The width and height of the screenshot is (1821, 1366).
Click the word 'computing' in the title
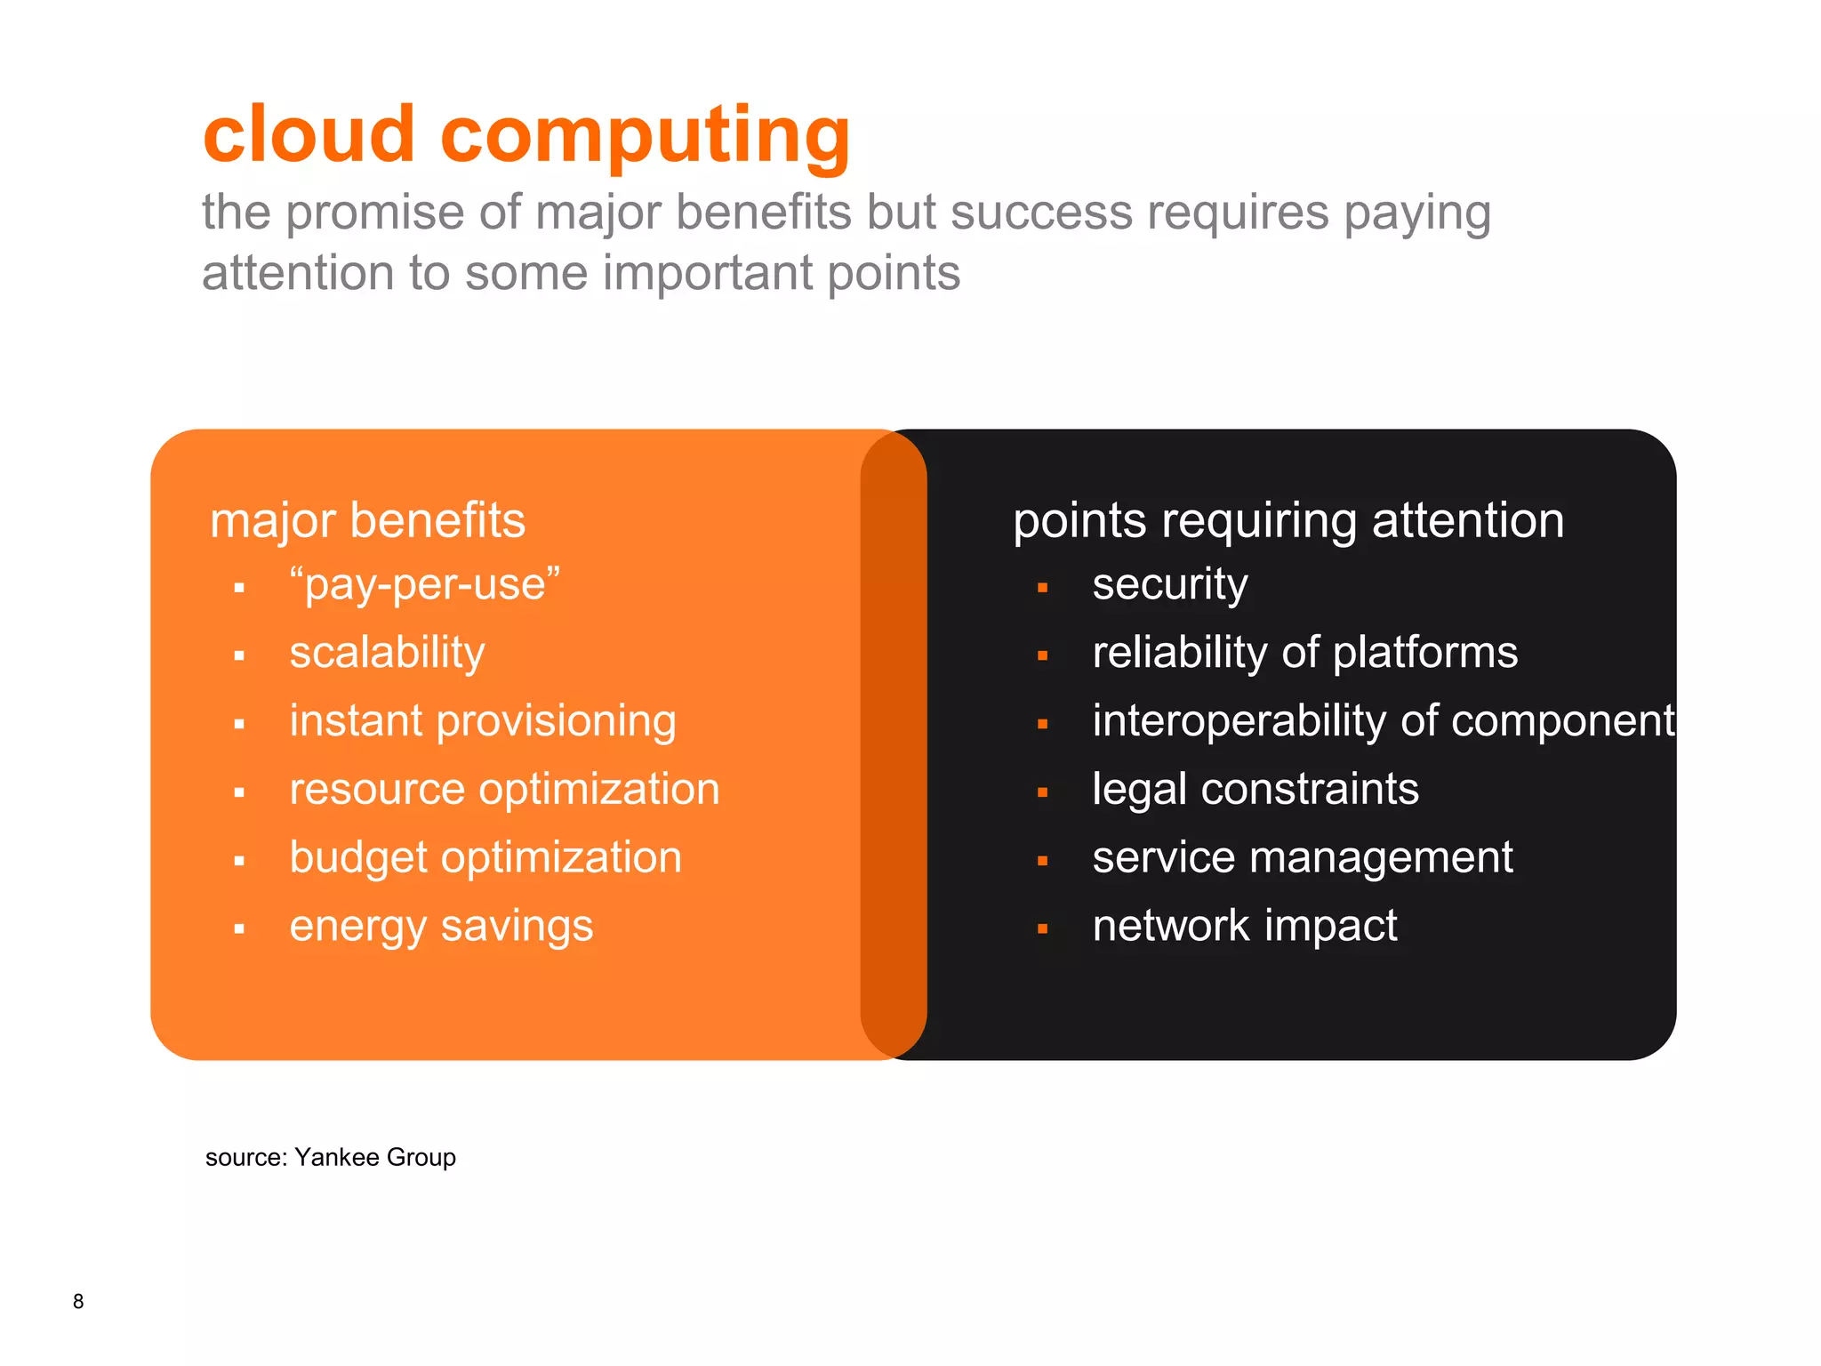pyautogui.click(x=646, y=138)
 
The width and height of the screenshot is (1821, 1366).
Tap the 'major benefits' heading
pyautogui.click(x=367, y=520)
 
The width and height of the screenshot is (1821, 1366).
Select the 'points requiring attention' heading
pyautogui.click(x=1288, y=520)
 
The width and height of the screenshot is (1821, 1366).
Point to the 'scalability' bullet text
pyautogui.click(x=387, y=654)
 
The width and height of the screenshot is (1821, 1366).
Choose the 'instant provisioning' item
pyautogui.click(x=483, y=721)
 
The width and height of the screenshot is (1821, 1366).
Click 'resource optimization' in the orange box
pyautogui.click(x=504, y=790)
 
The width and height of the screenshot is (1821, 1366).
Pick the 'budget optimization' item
pyautogui.click(x=485, y=858)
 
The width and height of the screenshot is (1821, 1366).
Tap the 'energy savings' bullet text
pyautogui.click(x=441, y=927)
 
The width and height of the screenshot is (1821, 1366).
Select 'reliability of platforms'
pyautogui.click(x=1304, y=654)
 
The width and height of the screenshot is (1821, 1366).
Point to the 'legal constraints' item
pyautogui.click(x=1255, y=790)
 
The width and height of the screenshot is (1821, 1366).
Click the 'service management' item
pyautogui.click(x=1302, y=858)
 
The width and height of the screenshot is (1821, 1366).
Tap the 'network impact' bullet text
pyautogui.click(x=1244, y=927)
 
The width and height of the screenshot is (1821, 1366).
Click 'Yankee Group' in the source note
pyautogui.click(x=374, y=1157)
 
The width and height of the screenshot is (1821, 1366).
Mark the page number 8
pyautogui.click(x=78, y=1301)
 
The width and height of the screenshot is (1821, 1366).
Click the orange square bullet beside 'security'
pyautogui.click(x=1042, y=588)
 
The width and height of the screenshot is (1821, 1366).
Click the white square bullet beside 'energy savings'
pyautogui.click(x=239, y=929)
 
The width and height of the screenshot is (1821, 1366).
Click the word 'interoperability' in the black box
pyautogui.click(x=1237, y=721)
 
